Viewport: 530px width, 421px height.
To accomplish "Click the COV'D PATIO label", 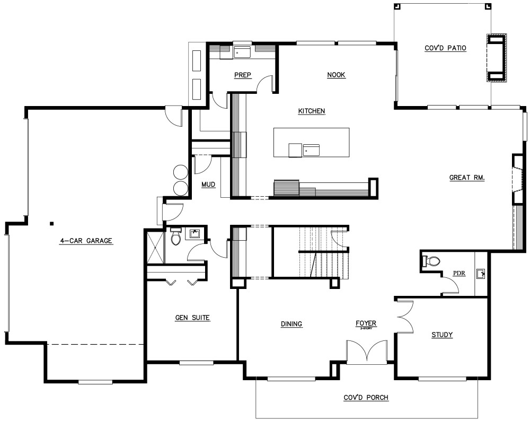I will [x=445, y=48].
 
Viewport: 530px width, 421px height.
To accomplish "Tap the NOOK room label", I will [x=336, y=75].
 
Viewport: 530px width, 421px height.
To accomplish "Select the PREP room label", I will [x=242, y=75].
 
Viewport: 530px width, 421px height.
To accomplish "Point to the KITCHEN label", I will [x=311, y=111].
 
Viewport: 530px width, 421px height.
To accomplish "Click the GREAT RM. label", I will [x=467, y=178].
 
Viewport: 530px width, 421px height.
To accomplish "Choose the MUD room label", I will [x=208, y=185].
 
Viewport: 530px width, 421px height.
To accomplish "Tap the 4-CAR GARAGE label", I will [x=86, y=241].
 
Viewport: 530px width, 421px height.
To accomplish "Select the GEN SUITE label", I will [x=192, y=318].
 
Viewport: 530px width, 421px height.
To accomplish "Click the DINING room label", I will [x=291, y=324].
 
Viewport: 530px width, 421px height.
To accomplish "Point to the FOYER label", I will [x=366, y=323].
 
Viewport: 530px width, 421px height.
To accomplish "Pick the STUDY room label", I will [x=441, y=335].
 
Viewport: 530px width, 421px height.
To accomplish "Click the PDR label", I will [x=458, y=274].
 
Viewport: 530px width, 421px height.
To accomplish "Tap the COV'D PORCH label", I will [x=366, y=398].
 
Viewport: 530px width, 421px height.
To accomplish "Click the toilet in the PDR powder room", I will [x=431, y=261].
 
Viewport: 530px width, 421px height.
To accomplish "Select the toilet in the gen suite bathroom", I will [x=176, y=238].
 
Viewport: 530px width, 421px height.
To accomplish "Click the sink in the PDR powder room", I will [x=481, y=274].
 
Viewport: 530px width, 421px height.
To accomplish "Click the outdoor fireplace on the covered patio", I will [x=497, y=58].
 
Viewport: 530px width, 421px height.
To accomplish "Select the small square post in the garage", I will [x=52, y=223].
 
